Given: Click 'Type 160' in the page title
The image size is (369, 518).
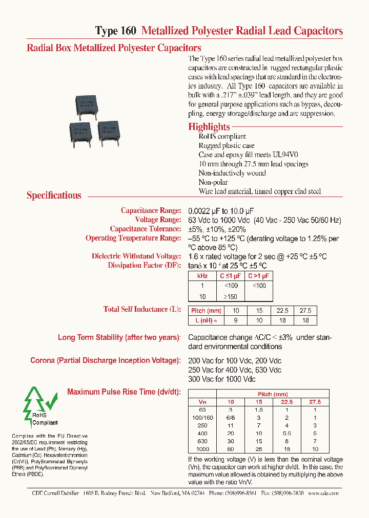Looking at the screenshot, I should [x=116, y=31].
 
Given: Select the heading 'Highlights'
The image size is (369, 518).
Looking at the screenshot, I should [x=209, y=127].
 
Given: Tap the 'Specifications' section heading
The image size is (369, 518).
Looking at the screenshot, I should [x=54, y=195].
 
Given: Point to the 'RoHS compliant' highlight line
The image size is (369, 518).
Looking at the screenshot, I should [x=222, y=137].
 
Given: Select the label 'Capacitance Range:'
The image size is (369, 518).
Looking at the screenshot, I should [x=151, y=210].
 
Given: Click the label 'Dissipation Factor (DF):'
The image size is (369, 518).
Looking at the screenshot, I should [x=144, y=265].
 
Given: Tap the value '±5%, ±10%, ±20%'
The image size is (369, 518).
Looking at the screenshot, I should [x=217, y=229].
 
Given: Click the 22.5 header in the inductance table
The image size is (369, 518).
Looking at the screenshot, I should [x=282, y=311].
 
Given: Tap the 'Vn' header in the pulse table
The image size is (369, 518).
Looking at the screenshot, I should [x=202, y=402].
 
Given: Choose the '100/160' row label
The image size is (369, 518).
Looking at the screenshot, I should [x=202, y=418].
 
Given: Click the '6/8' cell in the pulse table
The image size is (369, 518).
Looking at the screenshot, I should [x=230, y=418].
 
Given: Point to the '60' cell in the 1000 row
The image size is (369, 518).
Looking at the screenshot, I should [x=230, y=449].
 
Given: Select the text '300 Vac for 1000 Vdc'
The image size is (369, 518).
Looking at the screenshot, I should [x=221, y=379].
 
